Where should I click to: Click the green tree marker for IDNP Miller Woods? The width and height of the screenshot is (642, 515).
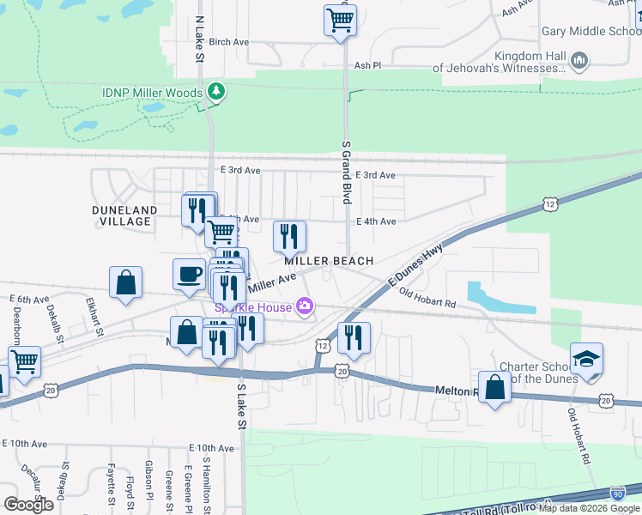click(216, 92)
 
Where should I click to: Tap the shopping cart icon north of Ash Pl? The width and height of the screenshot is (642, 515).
click(341, 19)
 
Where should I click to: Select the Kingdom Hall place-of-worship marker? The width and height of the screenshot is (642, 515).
click(578, 61)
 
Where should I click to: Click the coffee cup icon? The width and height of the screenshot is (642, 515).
click(189, 275)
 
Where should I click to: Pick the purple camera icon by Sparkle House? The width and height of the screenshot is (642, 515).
click(304, 306)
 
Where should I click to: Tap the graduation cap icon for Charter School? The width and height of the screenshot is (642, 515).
click(586, 359)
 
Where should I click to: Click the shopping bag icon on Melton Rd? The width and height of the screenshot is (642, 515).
click(494, 386)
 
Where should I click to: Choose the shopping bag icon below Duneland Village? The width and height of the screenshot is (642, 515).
click(126, 282)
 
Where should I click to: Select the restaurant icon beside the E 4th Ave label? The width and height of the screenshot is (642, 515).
click(289, 235)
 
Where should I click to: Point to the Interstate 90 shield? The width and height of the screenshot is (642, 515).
click(617, 494)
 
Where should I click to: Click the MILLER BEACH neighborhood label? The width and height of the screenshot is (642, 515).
click(329, 261)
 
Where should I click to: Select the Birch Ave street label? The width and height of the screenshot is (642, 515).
click(228, 41)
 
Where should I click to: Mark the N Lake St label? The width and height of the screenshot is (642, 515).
click(200, 38)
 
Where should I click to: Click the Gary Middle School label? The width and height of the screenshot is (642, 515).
click(591, 31)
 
